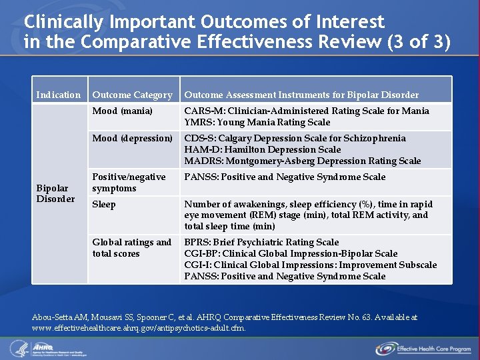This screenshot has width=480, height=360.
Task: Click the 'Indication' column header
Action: coord(58,95)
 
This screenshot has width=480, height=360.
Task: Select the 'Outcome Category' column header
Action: coord(132,95)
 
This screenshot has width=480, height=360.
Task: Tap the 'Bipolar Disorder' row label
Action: coord(55,193)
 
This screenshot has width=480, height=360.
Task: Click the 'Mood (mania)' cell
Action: coord(122,111)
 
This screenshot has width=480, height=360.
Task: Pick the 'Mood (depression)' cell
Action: coord(132,138)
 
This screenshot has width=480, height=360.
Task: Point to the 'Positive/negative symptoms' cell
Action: coord(129,183)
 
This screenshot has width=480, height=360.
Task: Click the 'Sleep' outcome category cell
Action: coord(104,204)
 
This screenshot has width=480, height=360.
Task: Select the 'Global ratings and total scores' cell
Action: coord(131,247)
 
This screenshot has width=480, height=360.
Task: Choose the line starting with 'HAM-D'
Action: coord(262,149)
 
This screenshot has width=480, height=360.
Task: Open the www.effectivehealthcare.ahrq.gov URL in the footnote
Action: coord(139,328)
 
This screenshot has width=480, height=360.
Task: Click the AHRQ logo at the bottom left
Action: coord(40,348)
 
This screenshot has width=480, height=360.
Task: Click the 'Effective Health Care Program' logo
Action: coord(423,348)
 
